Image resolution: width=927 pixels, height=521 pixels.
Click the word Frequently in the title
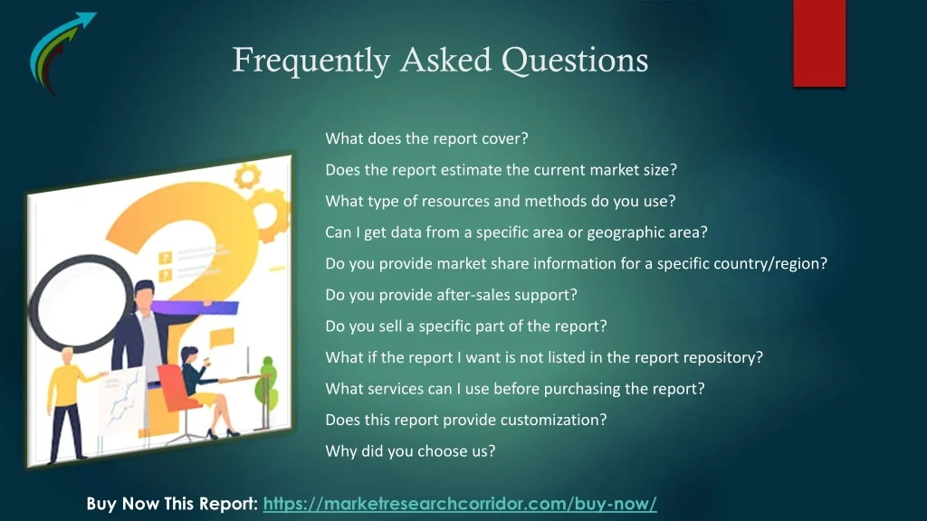coord(311,61)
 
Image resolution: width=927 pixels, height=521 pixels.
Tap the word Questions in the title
coord(575,61)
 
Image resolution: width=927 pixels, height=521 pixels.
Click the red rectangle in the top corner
coord(819,43)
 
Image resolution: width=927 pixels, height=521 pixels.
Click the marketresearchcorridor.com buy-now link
coord(460,504)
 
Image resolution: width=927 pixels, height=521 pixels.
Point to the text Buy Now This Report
coord(172,504)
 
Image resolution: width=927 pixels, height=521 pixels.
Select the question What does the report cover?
coord(427,138)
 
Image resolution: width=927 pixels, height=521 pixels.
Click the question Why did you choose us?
coord(410,451)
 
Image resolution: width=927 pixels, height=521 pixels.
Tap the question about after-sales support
coord(451,295)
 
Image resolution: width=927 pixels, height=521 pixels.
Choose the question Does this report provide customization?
coord(466,420)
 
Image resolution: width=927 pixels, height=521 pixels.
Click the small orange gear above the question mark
coord(248,176)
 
